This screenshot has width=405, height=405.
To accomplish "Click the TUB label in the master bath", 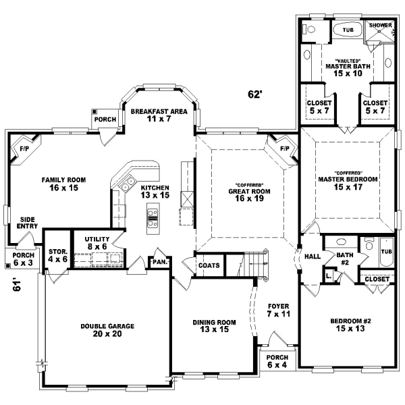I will pos(348,30).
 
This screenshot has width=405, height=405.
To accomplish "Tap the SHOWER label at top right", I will pos(380,26).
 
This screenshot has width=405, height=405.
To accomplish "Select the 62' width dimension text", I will pos(254,95).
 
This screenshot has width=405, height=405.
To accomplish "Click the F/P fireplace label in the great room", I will pos(284,148).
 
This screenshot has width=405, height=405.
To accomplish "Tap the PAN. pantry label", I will pos(160,261).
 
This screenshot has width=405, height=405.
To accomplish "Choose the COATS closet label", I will pos(209,265).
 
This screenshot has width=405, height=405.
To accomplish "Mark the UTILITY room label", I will pos(97,240).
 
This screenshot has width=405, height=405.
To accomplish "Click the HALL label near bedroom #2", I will pos(312,256).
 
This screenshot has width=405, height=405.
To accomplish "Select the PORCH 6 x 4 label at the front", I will pos(277,361).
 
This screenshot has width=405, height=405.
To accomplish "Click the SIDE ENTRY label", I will pos(27,223).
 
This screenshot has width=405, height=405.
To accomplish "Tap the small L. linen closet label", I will pos(328,276).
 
